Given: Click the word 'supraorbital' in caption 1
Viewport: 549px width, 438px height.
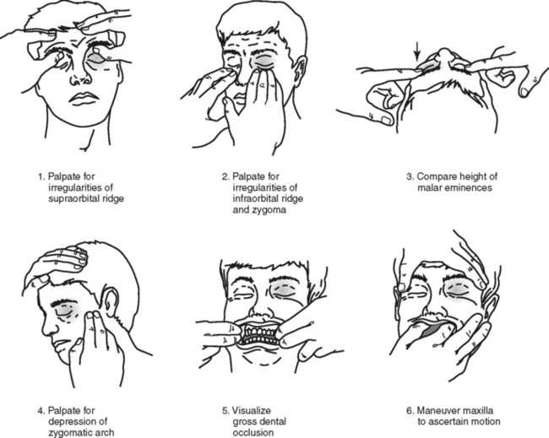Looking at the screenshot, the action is point(86,198).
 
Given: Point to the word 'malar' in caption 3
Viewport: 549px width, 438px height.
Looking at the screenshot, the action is point(430,187).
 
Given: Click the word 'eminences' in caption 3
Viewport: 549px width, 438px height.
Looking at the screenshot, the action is point(468,188).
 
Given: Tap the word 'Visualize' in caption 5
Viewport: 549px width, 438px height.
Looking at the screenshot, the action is point(252,410).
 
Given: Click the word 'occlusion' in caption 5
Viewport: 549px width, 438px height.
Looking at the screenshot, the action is point(253,433).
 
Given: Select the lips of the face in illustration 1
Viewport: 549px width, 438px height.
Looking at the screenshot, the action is point(83,98).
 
